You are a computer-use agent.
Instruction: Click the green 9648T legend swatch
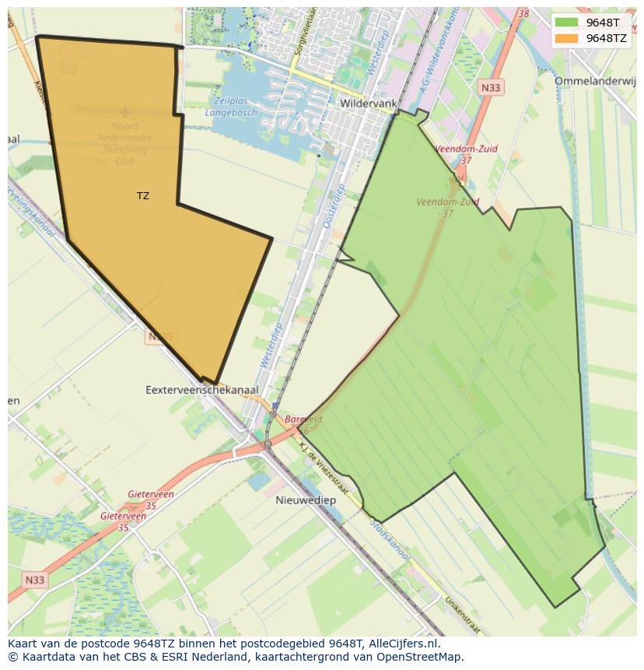(x=566, y=23)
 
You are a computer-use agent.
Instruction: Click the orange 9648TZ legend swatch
(x=566, y=38)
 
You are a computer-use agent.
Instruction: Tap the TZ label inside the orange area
(x=143, y=196)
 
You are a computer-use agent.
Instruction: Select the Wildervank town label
(x=369, y=103)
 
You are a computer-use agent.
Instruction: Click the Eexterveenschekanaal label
(x=202, y=389)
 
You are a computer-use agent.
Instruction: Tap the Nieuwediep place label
(x=306, y=500)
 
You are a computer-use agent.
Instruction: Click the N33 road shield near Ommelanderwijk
(x=491, y=88)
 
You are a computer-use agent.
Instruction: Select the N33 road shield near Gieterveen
(x=34, y=580)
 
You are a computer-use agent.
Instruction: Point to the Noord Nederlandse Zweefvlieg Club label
(x=125, y=143)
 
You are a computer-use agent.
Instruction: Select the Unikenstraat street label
(x=462, y=615)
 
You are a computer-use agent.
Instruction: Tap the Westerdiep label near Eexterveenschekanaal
(x=268, y=346)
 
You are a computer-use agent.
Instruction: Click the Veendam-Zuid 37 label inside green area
(x=447, y=207)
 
